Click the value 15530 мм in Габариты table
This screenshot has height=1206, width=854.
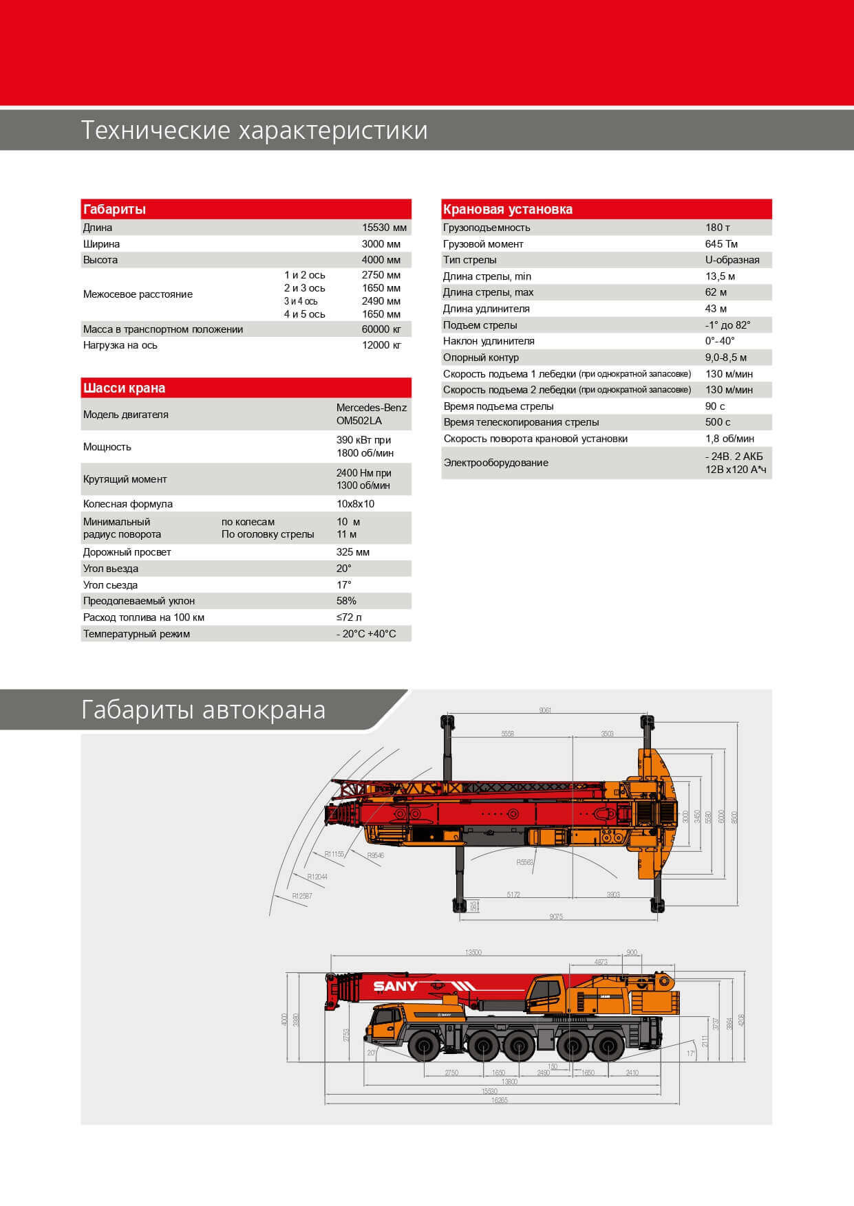pos(384,228)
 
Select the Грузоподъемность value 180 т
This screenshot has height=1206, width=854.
pos(718,228)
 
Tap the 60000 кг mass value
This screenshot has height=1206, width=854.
pos(381,329)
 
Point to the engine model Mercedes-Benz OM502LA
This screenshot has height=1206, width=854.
pos(371,414)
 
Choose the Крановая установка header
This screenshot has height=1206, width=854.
pos(508,209)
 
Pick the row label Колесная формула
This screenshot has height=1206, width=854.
pos(128,504)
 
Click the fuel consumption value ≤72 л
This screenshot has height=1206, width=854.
pos(349,617)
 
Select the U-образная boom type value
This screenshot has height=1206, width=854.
pos(732,260)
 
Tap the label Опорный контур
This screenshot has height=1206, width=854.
pos(481,358)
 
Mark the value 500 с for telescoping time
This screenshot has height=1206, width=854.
pos(718,422)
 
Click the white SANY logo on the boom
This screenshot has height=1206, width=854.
pos(395,987)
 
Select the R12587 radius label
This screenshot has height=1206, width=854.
pos(301,896)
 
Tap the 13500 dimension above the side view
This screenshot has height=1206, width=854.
pos(473,952)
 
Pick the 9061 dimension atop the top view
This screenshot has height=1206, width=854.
pos(545,710)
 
